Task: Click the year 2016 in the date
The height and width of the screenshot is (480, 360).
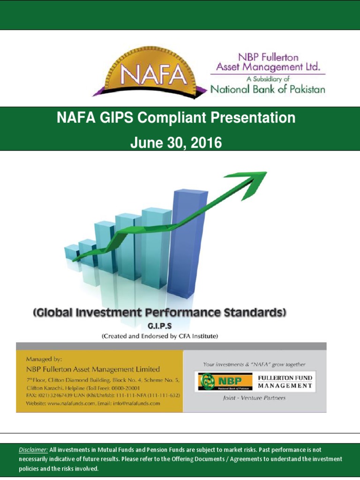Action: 205,142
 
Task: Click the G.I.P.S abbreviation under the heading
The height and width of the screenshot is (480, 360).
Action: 160,328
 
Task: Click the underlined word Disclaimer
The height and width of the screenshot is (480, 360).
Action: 33,450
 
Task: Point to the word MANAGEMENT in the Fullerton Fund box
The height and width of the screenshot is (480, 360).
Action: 285,386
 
